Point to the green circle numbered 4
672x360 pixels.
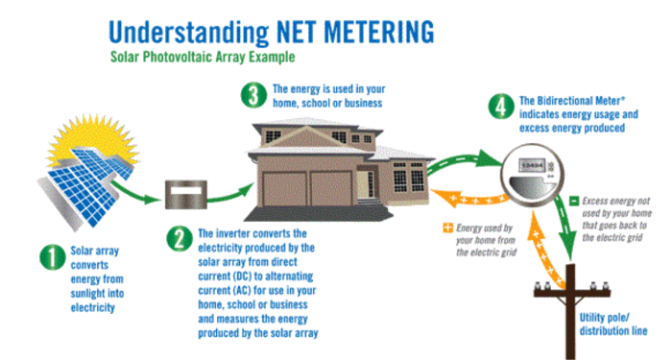[x=500, y=106]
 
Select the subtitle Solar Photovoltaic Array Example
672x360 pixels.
[x=201, y=57]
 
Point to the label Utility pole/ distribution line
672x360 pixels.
[x=621, y=324]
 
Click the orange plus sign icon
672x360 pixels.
[x=447, y=229]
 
